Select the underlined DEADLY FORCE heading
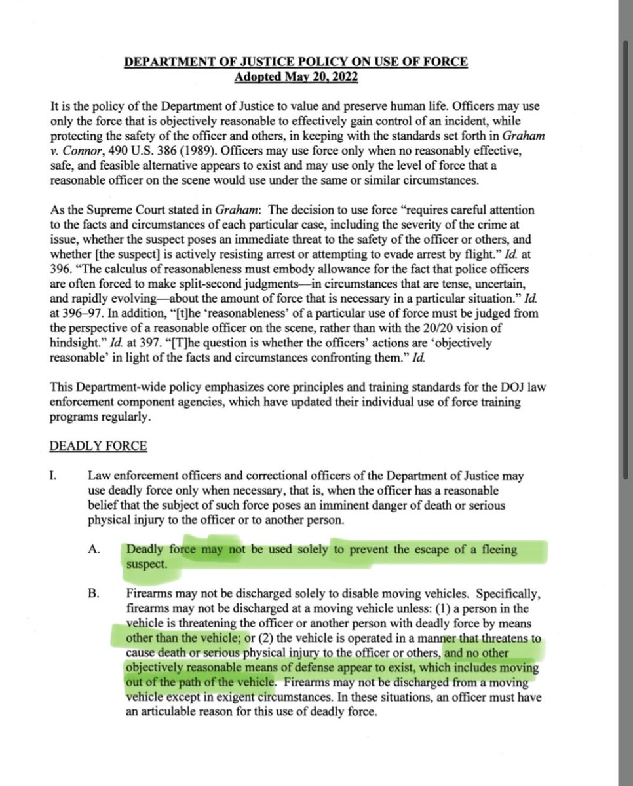[98, 447]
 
